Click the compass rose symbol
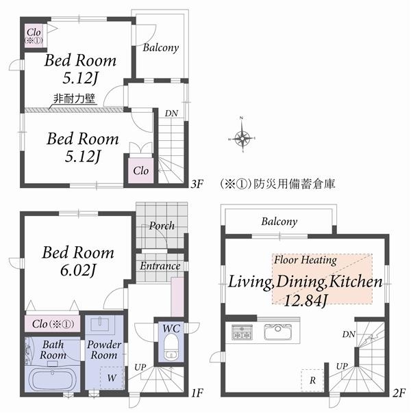[242, 138]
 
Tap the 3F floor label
[197, 184]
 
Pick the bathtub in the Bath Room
[53, 378]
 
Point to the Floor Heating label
[305, 260]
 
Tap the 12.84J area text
[304, 299]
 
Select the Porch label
[162, 226]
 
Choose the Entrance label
[160, 266]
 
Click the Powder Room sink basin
[104, 323]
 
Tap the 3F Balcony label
[161, 48]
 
